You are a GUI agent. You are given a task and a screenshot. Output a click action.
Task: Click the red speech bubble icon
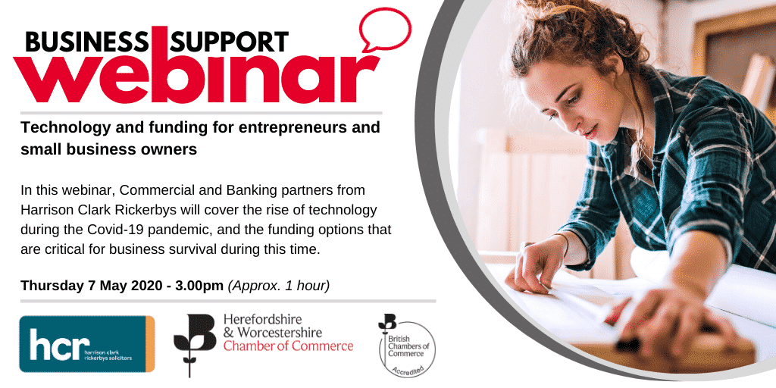385,30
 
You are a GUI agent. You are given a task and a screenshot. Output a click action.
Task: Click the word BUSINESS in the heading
86,42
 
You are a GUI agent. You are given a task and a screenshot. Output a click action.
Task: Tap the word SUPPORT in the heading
229,42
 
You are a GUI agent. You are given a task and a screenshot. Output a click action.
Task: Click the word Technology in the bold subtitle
57,128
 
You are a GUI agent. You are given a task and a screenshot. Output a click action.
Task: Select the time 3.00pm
199,286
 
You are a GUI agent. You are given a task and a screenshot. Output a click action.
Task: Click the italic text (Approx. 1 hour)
279,286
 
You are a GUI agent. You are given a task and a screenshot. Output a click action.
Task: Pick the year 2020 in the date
145,286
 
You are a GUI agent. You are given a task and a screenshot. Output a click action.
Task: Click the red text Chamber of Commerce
288,346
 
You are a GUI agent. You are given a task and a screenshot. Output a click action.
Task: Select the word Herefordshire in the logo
263,319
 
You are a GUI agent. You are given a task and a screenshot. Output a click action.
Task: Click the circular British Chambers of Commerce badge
407,349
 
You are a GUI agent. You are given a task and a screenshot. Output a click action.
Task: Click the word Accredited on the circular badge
408,371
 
